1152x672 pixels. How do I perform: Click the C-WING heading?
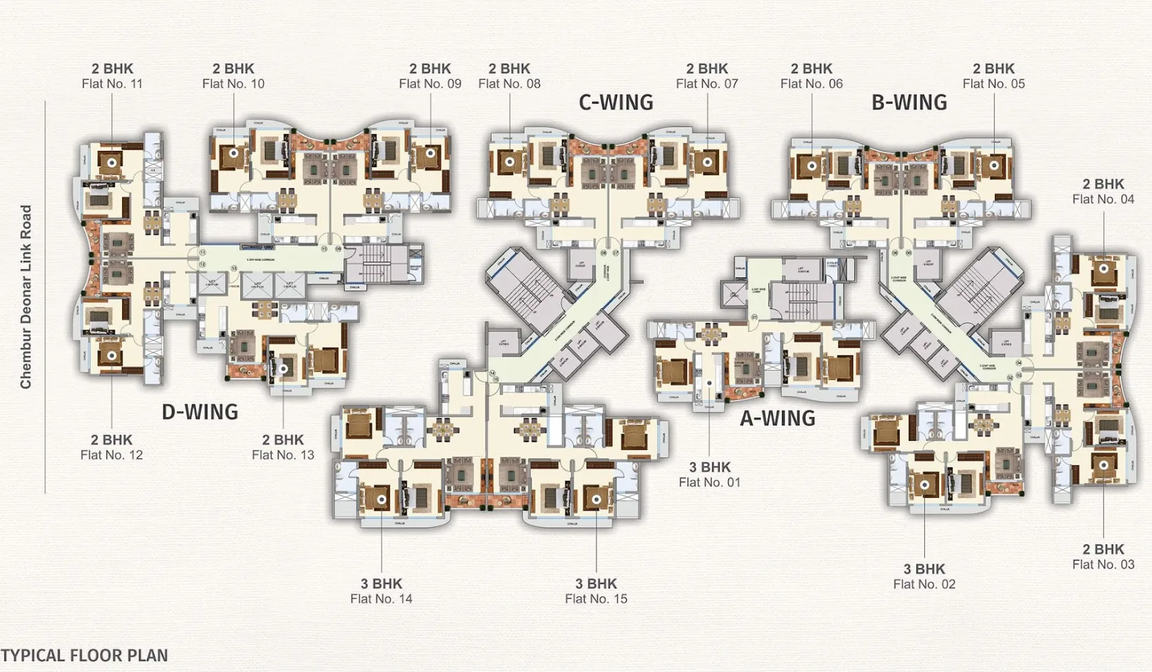[x=615, y=103]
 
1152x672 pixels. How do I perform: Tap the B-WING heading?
[x=909, y=103]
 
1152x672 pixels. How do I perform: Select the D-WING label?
[x=200, y=413]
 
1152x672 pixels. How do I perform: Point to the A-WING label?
[x=777, y=419]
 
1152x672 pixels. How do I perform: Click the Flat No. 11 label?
[x=112, y=84]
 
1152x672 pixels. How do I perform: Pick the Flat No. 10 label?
[x=233, y=84]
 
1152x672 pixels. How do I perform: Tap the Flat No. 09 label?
[x=430, y=84]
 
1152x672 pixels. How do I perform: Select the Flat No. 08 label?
[x=509, y=84]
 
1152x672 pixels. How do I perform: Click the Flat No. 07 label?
[x=706, y=84]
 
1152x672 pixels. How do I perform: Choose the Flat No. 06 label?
[x=811, y=84]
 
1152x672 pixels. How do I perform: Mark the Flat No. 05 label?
[x=993, y=84]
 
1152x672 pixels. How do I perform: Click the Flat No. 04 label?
[x=1103, y=200]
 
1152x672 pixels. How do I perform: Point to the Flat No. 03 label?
[x=1103, y=565]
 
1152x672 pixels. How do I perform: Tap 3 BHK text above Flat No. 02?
[x=924, y=569]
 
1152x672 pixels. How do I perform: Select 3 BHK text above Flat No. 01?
[x=710, y=468]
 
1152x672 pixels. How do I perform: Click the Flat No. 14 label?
[x=381, y=599]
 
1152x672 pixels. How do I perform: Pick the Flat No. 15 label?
[x=596, y=599]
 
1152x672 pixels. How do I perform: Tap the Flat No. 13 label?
[x=283, y=456]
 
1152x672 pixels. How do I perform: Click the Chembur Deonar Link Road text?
[x=26, y=297]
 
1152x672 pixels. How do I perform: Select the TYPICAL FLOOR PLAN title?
[x=85, y=656]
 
